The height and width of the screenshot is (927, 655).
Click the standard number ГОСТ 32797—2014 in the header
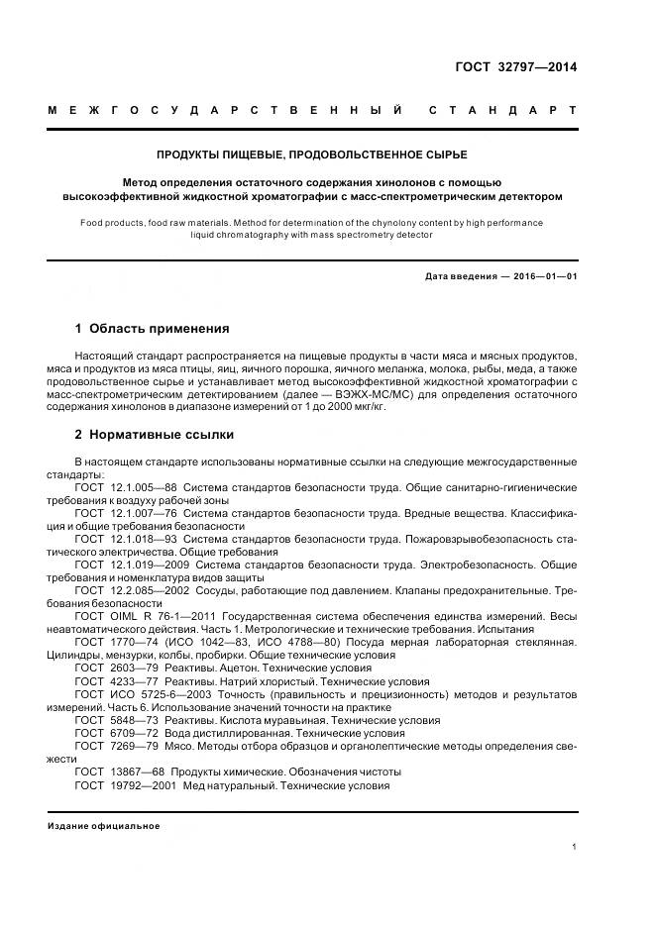[514, 67]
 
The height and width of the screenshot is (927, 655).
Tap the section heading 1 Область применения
[152, 328]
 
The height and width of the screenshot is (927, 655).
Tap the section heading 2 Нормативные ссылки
[155, 434]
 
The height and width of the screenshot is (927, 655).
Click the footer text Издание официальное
[104, 825]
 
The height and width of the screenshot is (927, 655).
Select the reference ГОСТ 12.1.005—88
[126, 488]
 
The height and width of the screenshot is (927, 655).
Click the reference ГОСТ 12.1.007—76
[126, 513]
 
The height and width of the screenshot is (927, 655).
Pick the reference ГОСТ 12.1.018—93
[126, 539]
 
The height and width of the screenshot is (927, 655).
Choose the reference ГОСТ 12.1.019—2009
[132, 565]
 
